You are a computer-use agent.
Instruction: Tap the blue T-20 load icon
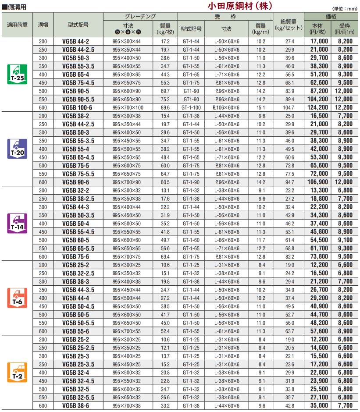coord(18,149)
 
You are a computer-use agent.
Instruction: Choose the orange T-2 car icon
coord(18,372)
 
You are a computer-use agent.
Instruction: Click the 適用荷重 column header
coord(18,25)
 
